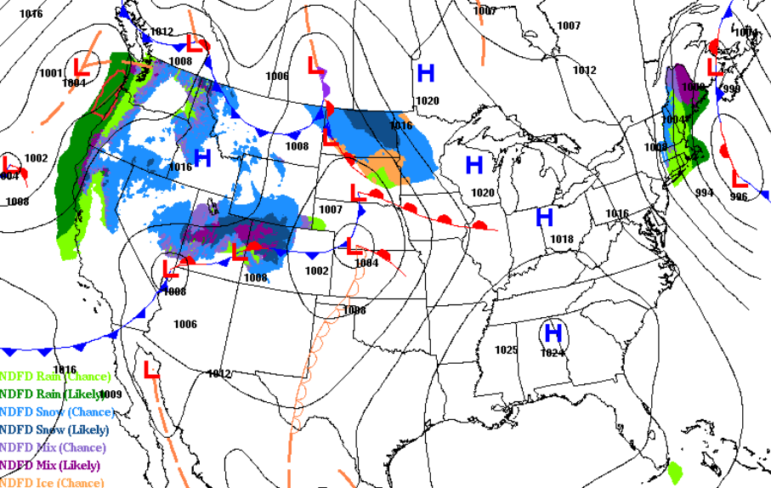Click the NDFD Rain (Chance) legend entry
tap(55, 376)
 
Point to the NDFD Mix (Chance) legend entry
tap(54, 447)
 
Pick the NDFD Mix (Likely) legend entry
tap(50, 465)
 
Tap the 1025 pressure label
tap(506, 350)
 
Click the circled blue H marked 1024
tap(553, 332)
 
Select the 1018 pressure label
tap(562, 239)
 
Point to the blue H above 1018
tap(545, 218)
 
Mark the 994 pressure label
tap(704, 193)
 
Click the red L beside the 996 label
tap(739, 180)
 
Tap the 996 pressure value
tap(738, 196)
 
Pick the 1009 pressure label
tap(111, 394)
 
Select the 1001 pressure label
tap(50, 73)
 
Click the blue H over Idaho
tap(202, 157)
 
